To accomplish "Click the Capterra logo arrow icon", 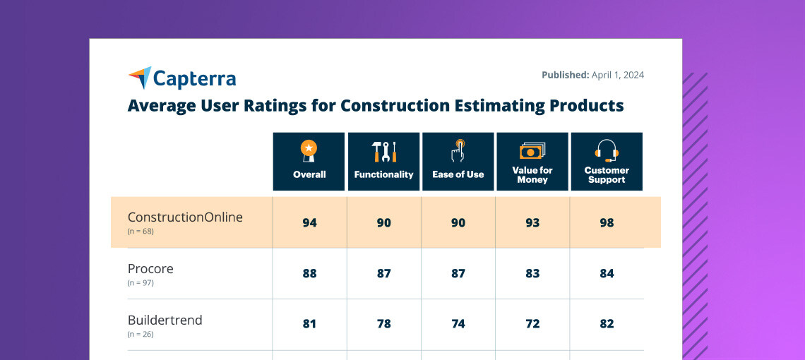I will click(140, 78).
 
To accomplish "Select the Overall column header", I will click(309, 162).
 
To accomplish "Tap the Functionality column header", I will click(383, 162).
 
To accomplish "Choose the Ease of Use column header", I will click(458, 162).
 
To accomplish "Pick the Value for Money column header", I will click(532, 162).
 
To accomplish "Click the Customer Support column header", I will click(607, 162).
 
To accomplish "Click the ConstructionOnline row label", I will click(185, 217).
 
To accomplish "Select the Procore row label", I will click(150, 269).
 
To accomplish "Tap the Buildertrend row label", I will click(165, 320).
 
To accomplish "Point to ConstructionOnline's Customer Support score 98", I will click(607, 223).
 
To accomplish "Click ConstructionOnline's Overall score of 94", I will click(309, 223).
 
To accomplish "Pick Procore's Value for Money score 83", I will click(532, 274).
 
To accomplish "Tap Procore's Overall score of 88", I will click(309, 274).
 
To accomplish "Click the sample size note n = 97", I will click(141, 283).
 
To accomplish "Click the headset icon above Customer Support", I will click(607, 150).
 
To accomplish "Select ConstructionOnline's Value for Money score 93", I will click(532, 223).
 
